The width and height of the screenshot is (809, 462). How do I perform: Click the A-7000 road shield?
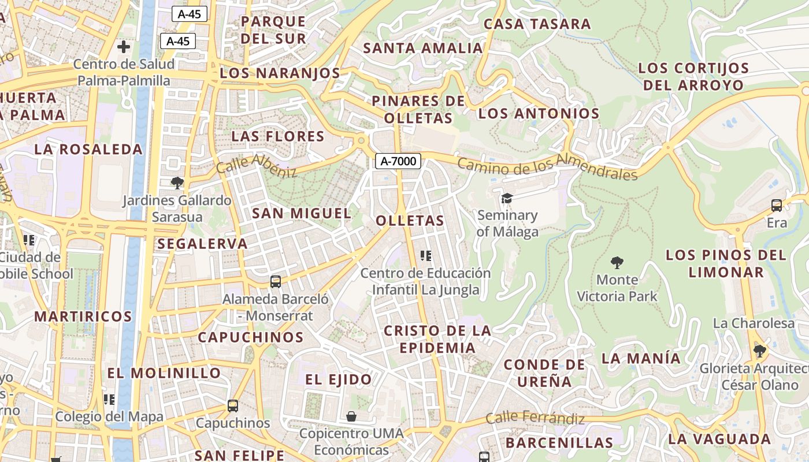click(x=398, y=161)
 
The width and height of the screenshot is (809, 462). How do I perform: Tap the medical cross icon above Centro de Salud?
click(x=123, y=47)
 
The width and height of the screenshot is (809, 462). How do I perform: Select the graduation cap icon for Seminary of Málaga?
click(x=507, y=198)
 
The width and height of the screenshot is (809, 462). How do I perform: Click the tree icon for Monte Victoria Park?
click(x=617, y=263)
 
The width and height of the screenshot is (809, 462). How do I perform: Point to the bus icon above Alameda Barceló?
click(x=276, y=282)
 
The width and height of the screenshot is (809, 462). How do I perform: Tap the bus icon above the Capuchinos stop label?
click(x=233, y=406)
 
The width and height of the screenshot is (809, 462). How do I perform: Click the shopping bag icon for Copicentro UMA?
click(x=351, y=416)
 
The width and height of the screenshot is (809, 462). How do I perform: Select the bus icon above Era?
click(x=777, y=206)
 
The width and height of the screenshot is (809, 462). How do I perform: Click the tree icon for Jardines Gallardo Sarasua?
click(x=177, y=183)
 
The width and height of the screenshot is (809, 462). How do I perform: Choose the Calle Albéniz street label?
click(x=257, y=166)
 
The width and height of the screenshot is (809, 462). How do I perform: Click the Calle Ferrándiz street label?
click(x=535, y=418)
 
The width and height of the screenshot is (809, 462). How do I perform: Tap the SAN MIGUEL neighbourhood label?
click(x=302, y=213)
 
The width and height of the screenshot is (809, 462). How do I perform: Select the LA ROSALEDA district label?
click(x=88, y=149)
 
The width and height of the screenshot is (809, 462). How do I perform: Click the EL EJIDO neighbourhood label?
click(x=339, y=379)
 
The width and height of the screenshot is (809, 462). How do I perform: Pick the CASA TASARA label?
click(x=537, y=24)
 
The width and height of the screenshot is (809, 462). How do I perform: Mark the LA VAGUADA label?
click(x=719, y=439)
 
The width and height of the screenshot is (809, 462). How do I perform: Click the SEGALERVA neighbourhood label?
click(x=202, y=244)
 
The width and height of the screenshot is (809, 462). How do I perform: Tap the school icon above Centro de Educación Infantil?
click(x=426, y=256)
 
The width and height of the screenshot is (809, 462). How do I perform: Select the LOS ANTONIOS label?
click(x=539, y=113)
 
